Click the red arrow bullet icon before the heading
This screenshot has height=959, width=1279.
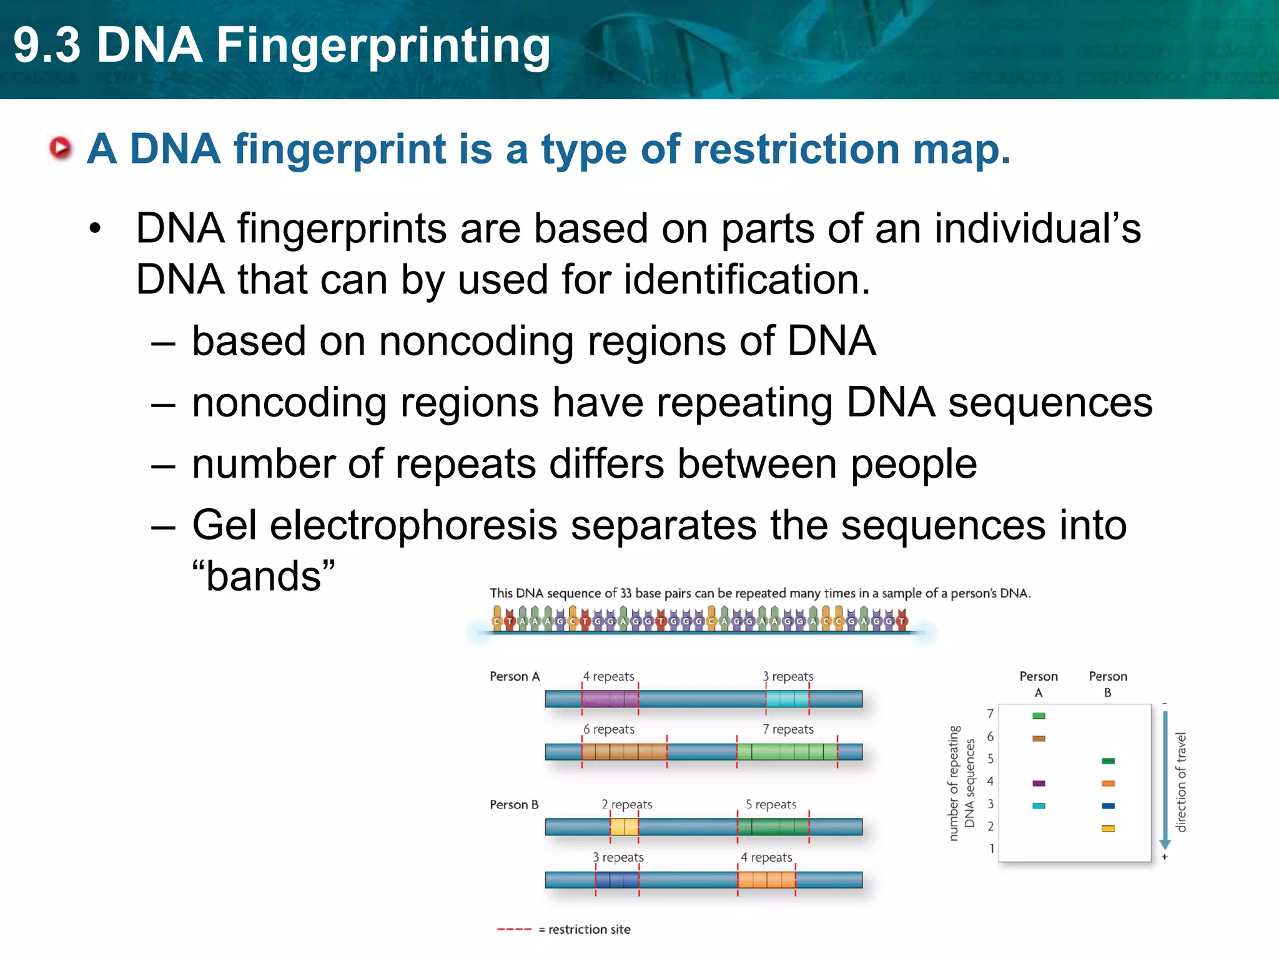point(61,148)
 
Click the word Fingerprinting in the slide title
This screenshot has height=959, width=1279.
point(383,46)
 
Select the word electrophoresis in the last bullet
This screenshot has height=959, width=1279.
point(413,525)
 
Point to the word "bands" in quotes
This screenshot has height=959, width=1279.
point(263,576)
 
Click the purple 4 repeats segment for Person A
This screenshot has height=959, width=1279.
point(610,699)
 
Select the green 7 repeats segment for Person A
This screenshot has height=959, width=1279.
point(787,752)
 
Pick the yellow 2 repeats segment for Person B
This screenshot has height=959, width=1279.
point(624,827)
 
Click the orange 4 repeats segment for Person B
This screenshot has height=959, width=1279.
point(766,880)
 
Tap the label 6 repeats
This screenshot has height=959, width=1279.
point(609,729)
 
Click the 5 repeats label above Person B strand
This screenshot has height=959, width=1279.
point(771,805)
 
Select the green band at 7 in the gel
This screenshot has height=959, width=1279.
point(1039,716)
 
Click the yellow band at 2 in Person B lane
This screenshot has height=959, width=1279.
point(1108,829)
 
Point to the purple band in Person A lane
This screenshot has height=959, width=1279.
point(1039,783)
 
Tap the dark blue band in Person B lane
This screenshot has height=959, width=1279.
point(1108,806)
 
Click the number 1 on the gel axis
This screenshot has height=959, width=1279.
point(991,848)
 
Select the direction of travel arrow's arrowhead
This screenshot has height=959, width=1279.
point(1165,845)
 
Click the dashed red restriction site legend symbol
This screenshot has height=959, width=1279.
point(514,930)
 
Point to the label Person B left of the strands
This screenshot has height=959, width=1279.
point(513,805)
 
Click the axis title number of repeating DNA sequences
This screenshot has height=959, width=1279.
point(961,783)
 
